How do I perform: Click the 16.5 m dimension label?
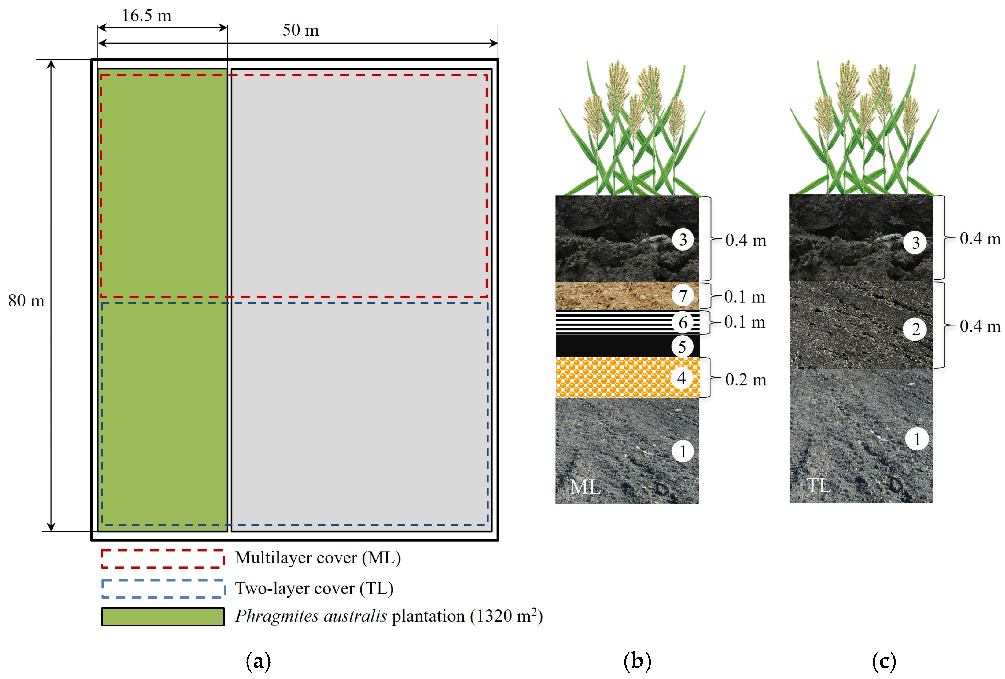click(x=147, y=16)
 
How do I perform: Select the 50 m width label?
click(x=300, y=30)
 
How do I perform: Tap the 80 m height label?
click(x=26, y=301)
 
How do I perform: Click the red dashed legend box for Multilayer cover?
click(x=163, y=558)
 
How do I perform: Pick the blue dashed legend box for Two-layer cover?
click(x=163, y=589)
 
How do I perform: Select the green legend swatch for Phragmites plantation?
click(x=163, y=617)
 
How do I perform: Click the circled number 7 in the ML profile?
click(x=683, y=296)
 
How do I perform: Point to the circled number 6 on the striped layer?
click(x=683, y=322)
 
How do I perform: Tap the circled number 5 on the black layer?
click(x=682, y=346)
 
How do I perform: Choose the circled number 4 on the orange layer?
click(x=682, y=378)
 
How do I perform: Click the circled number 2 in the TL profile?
click(x=915, y=330)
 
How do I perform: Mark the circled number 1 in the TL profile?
click(x=917, y=439)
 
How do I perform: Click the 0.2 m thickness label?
click(x=745, y=380)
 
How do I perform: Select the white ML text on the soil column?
click(x=585, y=487)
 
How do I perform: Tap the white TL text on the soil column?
click(x=818, y=485)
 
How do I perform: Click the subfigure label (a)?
click(x=258, y=661)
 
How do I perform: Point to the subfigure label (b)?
click(x=637, y=661)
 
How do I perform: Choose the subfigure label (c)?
click(x=884, y=661)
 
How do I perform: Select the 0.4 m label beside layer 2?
click(x=980, y=326)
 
